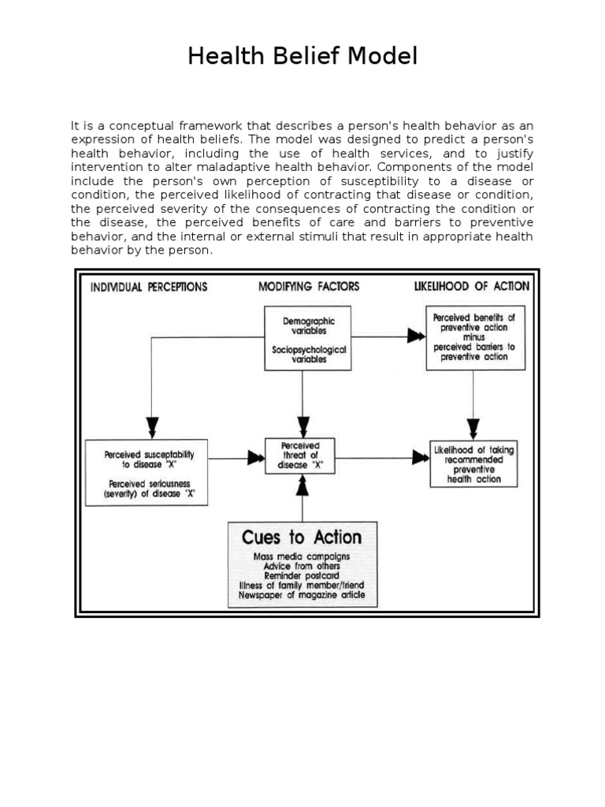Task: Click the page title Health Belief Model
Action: (302, 57)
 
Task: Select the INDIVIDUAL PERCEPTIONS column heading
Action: (149, 287)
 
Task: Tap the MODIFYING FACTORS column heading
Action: (309, 287)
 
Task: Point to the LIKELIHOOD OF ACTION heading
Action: (471, 287)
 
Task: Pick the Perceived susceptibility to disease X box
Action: (147, 471)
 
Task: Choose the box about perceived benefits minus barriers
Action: (474, 337)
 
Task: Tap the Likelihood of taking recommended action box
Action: (473, 463)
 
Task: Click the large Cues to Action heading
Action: (302, 537)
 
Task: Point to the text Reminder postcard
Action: (302, 576)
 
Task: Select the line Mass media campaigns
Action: (302, 556)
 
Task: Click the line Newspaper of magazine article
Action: (302, 596)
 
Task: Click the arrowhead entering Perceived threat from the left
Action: (256, 456)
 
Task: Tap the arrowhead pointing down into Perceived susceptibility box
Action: (152, 428)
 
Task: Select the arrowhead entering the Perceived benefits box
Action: (415, 337)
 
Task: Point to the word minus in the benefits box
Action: (474, 337)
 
